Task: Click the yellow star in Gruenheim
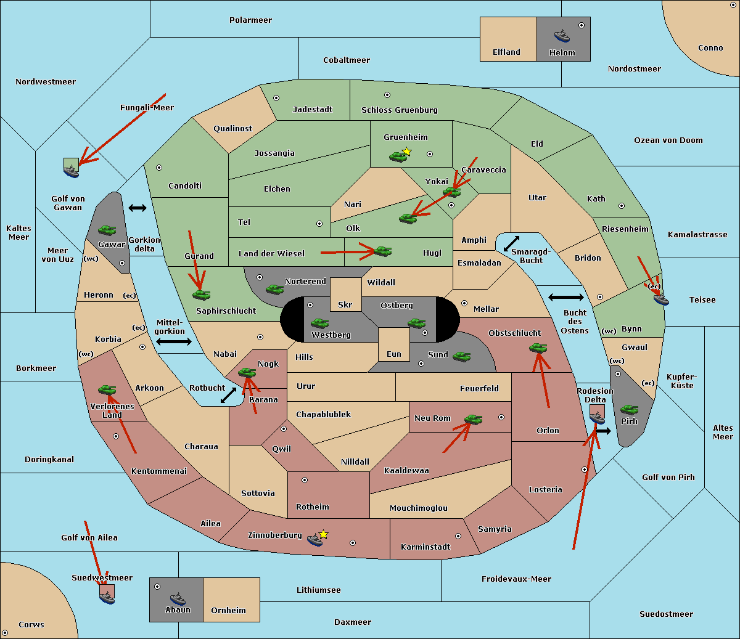click(x=406, y=152)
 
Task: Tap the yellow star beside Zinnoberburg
click(x=323, y=534)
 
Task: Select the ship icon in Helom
click(x=562, y=35)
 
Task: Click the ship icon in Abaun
click(x=178, y=598)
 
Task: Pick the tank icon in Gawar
click(x=107, y=230)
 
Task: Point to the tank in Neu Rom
click(x=473, y=420)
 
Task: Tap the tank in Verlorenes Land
click(x=107, y=389)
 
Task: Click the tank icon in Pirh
click(x=629, y=409)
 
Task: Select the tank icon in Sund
click(x=461, y=356)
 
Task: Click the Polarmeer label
click(x=250, y=20)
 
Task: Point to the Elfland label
click(x=506, y=52)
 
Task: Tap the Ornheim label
click(x=228, y=611)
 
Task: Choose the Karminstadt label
click(x=425, y=547)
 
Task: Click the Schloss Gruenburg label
click(x=399, y=110)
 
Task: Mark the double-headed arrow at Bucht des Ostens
click(x=565, y=298)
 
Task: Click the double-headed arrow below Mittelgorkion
click(x=174, y=342)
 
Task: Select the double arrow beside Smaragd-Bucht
click(x=511, y=244)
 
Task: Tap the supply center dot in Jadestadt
click(x=276, y=98)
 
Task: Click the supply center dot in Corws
click(x=5, y=633)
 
